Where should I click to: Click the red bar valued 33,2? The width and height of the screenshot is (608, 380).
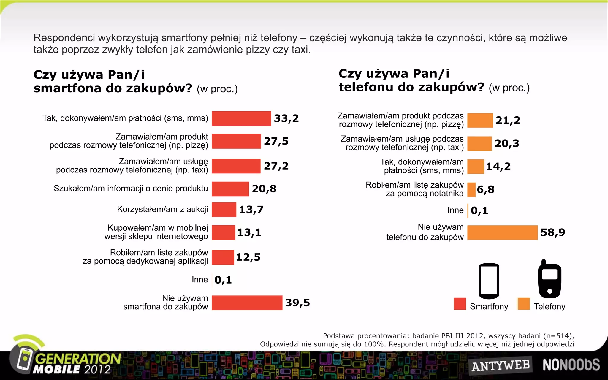[241, 118]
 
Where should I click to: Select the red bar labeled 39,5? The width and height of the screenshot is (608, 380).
[247, 303]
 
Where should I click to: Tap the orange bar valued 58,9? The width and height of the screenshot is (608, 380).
[502, 232]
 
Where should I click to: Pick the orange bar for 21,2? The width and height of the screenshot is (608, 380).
[480, 120]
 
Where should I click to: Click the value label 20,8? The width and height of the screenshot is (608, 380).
[264, 189]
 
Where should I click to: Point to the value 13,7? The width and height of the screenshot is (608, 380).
[251, 210]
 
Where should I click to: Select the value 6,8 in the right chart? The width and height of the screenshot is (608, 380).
[485, 189]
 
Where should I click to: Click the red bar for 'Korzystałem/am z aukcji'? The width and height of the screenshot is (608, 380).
[224, 210]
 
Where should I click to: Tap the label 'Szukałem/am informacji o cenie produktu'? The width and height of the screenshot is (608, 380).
[131, 189]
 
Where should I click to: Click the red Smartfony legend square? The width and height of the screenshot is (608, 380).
[460, 304]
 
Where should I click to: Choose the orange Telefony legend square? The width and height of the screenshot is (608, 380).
[523, 304]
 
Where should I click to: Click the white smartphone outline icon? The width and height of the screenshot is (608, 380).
[489, 281]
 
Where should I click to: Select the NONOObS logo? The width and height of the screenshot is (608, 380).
[571, 365]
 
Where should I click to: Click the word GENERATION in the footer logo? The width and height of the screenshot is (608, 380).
[78, 359]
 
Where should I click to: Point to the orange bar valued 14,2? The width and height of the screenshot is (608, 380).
[476, 167]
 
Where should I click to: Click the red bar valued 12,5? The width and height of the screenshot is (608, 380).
[223, 257]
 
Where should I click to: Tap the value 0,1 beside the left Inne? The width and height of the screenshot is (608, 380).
[223, 280]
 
